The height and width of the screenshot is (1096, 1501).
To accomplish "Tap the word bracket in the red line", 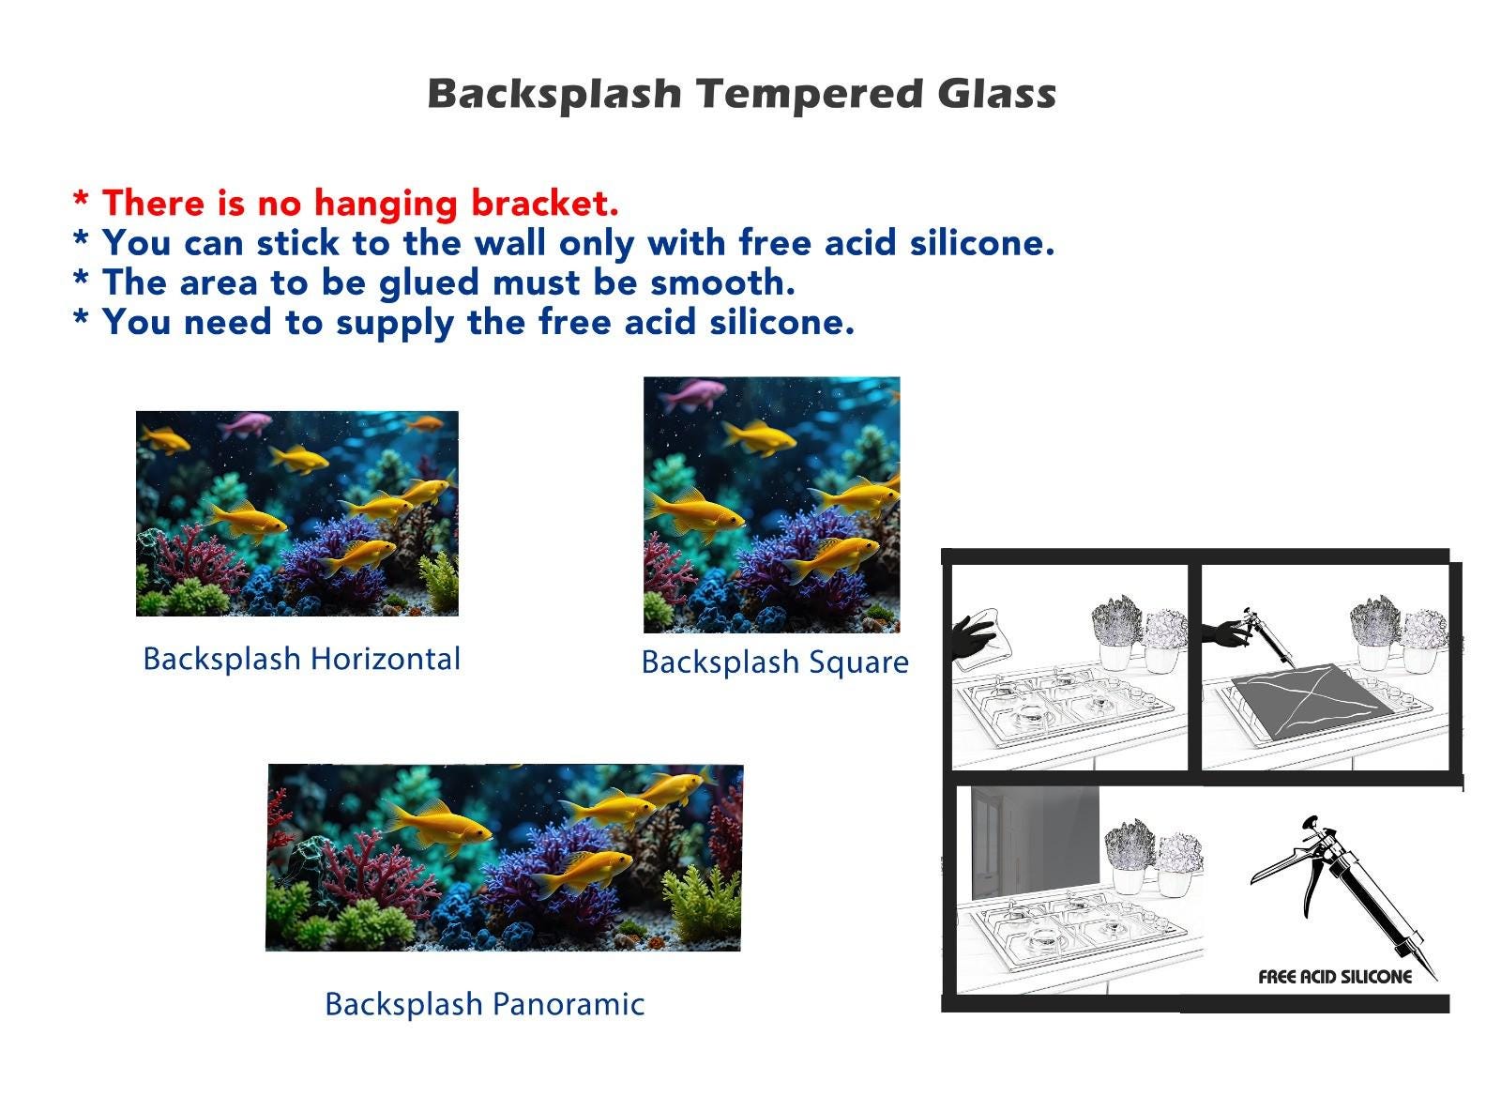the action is click(544, 202).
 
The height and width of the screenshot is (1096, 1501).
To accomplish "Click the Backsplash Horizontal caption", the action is click(301, 659).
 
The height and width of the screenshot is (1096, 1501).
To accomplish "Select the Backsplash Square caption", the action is click(775, 662).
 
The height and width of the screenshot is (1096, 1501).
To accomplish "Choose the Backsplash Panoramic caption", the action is click(484, 1003).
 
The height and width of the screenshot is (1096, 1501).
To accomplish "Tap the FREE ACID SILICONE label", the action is click(1335, 977).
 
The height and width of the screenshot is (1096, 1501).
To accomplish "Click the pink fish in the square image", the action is click(691, 394).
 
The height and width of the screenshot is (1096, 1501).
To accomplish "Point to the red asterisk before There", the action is click(81, 199).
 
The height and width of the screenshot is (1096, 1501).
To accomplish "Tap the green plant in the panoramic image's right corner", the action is click(703, 905).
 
